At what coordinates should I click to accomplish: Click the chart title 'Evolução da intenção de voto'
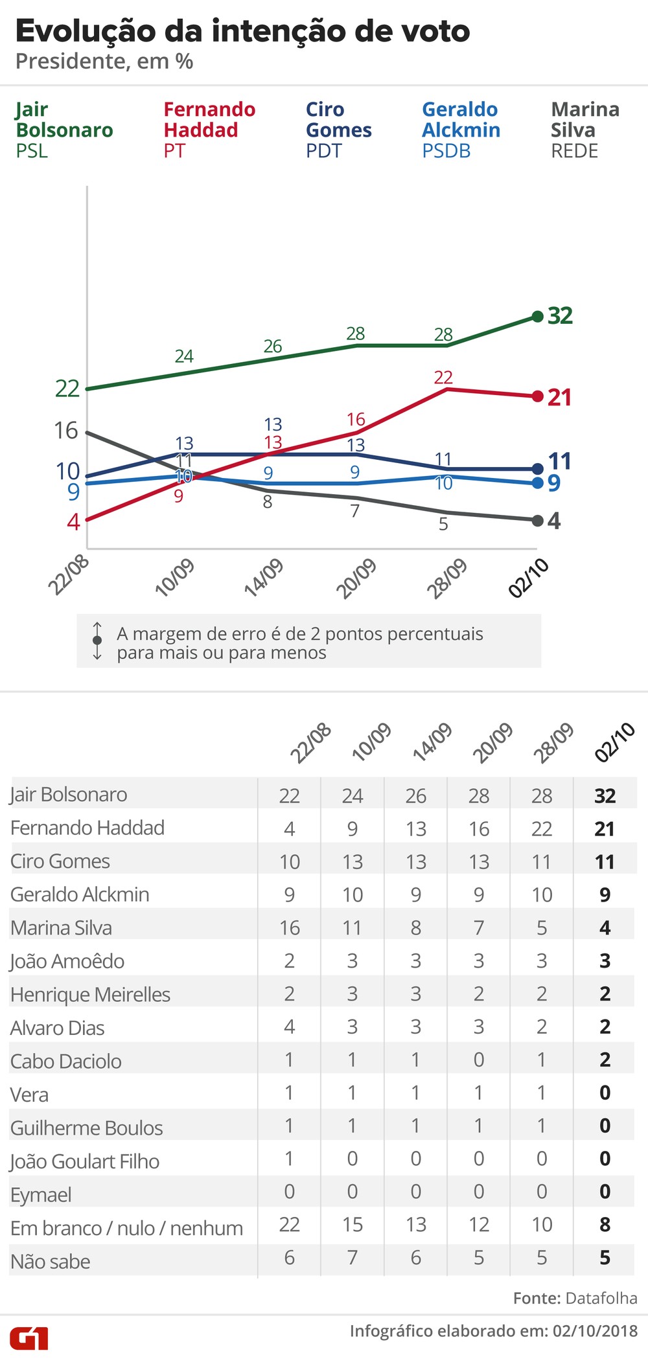pyautogui.click(x=242, y=31)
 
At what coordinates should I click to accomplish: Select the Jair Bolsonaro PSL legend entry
pyautogui.click(x=64, y=130)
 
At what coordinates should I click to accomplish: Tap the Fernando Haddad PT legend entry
pyautogui.click(x=209, y=130)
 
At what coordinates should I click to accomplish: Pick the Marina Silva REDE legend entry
pyautogui.click(x=584, y=130)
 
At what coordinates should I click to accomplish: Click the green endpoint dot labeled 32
pyautogui.click(x=537, y=317)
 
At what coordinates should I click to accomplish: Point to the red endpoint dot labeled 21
pyautogui.click(x=537, y=396)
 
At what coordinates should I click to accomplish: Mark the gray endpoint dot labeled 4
pyautogui.click(x=537, y=521)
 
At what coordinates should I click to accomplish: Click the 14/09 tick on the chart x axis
pyautogui.click(x=264, y=576)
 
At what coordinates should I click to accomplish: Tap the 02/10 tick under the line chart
pyautogui.click(x=528, y=578)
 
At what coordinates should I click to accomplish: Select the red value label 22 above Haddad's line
pyautogui.click(x=443, y=377)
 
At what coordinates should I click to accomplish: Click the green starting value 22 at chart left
pyautogui.click(x=67, y=389)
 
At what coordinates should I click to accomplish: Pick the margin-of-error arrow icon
pyautogui.click(x=97, y=641)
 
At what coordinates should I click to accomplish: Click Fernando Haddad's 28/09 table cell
pyautogui.click(x=542, y=829)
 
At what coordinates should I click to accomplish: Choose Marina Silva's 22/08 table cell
pyautogui.click(x=290, y=928)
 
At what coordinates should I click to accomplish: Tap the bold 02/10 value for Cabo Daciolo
pyautogui.click(x=605, y=1060)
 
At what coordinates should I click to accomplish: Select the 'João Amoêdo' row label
pyautogui.click(x=67, y=961)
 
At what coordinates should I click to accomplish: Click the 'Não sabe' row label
pyautogui.click(x=51, y=1261)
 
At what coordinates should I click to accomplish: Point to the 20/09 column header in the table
pyautogui.click(x=492, y=742)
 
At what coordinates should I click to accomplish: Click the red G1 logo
pyautogui.click(x=29, y=1338)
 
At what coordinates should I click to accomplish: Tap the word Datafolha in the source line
pyautogui.click(x=601, y=1298)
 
